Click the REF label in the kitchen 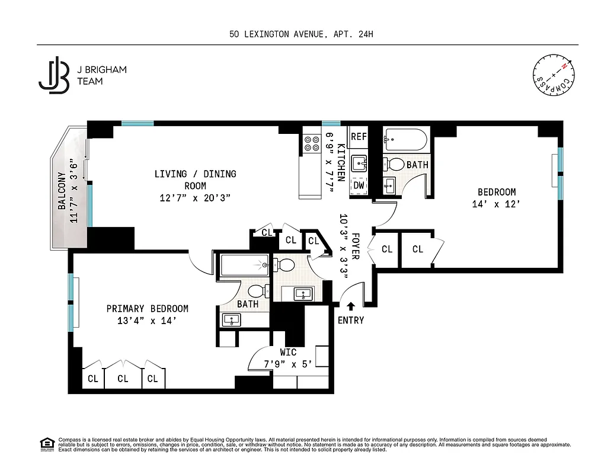[358, 136]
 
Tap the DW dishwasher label [358, 185]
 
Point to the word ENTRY [350, 321]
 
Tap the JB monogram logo [54, 75]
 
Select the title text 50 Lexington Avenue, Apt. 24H [301, 34]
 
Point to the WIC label [288, 353]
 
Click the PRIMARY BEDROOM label [147, 309]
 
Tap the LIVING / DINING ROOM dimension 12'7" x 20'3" [195, 197]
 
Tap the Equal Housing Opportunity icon [46, 444]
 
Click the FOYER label [355, 245]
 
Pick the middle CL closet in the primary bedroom [123, 379]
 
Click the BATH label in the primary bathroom [248, 304]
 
